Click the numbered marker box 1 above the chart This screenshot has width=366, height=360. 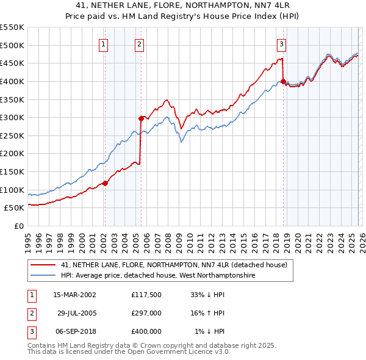pyautogui.click(x=104, y=44)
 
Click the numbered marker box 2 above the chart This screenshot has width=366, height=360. pyautogui.click(x=140, y=44)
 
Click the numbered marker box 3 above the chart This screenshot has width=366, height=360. pyautogui.click(x=281, y=44)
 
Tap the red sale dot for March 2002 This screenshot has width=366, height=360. pyautogui.click(x=105, y=182)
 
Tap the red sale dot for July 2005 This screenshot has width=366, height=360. pyautogui.click(x=141, y=118)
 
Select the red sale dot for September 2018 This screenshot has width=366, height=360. pyautogui.click(x=283, y=81)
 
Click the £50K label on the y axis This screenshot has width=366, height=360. pyautogui.click(x=15, y=208)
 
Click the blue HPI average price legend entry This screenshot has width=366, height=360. pyautogui.click(x=157, y=276)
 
